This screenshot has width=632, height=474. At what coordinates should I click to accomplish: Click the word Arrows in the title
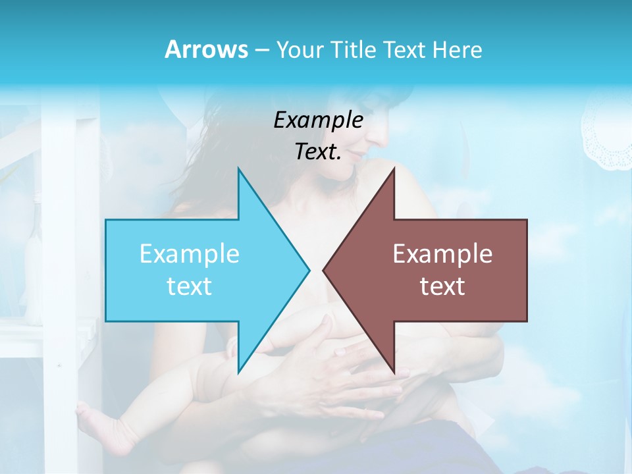pos(206,49)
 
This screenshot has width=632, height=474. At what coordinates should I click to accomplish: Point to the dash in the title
pos(261,50)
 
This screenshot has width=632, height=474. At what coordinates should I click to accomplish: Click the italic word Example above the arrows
pos(318,120)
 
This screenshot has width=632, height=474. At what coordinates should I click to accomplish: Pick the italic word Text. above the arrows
pos(318,151)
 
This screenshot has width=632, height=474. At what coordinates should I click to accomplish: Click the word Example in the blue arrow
pos(190,253)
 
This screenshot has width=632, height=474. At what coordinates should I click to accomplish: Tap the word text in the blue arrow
pos(190,286)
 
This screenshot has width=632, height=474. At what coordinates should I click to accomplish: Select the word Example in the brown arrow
pos(442,253)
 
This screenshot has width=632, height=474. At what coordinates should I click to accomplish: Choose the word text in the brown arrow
pos(442,286)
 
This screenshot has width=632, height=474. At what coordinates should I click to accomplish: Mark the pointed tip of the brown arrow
pos(324,270)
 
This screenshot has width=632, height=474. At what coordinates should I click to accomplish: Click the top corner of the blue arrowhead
pos(238,169)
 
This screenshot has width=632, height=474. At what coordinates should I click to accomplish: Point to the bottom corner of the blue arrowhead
pos(238,373)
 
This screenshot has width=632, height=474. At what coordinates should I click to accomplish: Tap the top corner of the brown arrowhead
pos(394,169)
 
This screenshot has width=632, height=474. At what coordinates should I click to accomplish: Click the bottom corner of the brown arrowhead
pos(394,373)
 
